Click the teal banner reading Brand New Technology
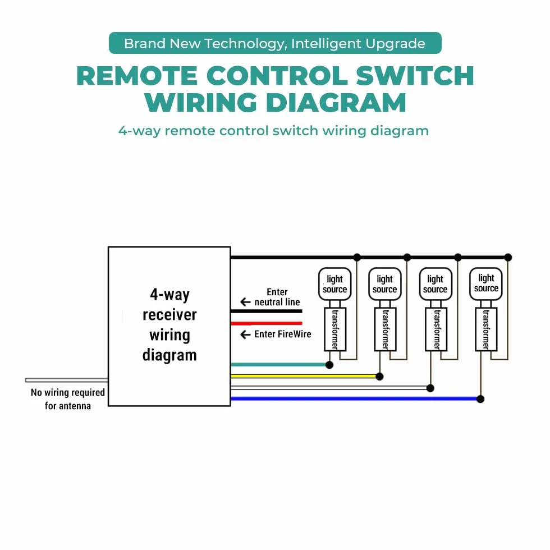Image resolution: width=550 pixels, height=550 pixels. (275, 43)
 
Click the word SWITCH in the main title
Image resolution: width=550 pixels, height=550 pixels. (415, 76)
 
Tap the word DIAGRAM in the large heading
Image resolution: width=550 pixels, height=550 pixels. (336, 103)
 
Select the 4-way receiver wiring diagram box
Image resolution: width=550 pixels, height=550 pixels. (169, 327)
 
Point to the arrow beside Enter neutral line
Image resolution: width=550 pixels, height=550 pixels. (246, 302)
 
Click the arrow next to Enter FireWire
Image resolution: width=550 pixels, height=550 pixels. (246, 334)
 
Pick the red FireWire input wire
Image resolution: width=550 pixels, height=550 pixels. (267, 323)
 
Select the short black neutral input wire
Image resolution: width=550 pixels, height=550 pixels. (267, 311)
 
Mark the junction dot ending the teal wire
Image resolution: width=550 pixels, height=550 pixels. (329, 365)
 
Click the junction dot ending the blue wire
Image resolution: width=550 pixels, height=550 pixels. (480, 399)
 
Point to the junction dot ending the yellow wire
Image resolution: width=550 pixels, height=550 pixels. (379, 377)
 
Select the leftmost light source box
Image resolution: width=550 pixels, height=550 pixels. (334, 284)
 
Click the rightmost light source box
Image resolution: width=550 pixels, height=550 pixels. (486, 284)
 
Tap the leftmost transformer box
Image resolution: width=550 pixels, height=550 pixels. (335, 329)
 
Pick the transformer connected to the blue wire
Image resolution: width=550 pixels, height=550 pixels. (486, 329)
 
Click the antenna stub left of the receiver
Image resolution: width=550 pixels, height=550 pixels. (67, 381)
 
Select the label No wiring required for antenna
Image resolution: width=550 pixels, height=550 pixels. (68, 399)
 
